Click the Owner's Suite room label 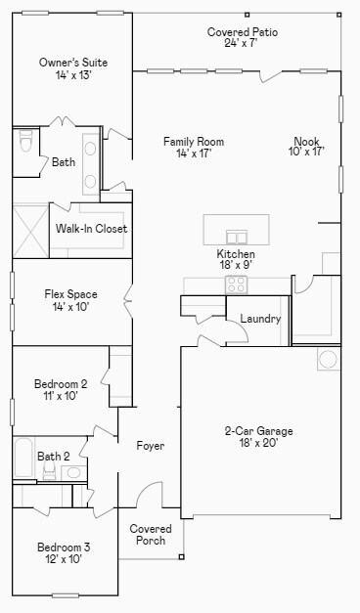click(73, 63)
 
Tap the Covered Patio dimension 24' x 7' click(241, 43)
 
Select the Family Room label click(194, 141)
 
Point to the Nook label click(307, 141)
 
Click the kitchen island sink click(237, 237)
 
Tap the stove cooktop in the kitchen click(237, 285)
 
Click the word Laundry click(260, 319)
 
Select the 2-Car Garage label click(258, 431)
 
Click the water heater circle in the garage click(328, 359)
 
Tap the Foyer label click(151, 446)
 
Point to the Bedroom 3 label click(63, 547)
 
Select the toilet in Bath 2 click(49, 470)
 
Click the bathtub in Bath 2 click(23, 458)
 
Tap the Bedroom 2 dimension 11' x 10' click(61, 396)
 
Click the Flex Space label click(70, 294)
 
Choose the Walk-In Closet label click(92, 229)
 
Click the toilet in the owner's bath click(25, 141)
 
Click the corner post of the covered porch click(181, 556)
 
